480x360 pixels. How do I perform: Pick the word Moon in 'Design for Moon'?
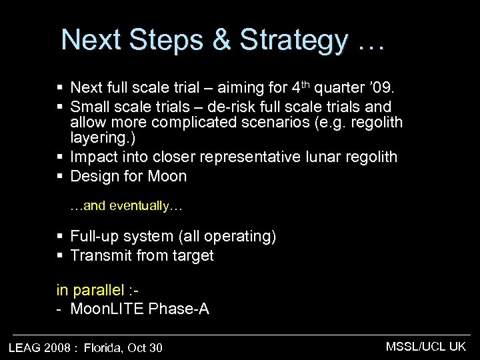[x=168, y=177]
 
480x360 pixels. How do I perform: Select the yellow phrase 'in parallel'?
[x=90, y=290]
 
